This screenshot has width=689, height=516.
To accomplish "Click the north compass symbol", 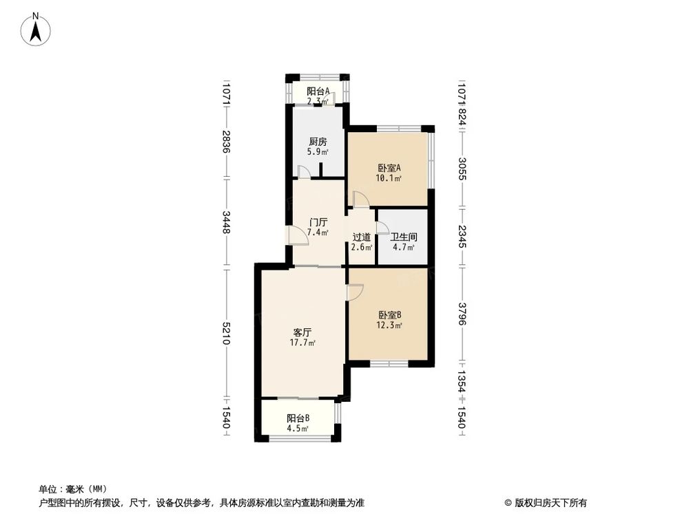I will (35, 31).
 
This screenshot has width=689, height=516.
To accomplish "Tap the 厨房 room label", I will (318, 140).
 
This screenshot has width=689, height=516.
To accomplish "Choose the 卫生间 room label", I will (404, 236).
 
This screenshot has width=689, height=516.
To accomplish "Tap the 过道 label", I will (362, 237).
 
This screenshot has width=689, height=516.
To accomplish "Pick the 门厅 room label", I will (318, 222).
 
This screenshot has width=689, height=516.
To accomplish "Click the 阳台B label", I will (298, 418).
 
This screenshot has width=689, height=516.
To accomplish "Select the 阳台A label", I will (318, 91).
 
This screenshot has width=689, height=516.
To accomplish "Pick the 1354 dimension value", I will (461, 383).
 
